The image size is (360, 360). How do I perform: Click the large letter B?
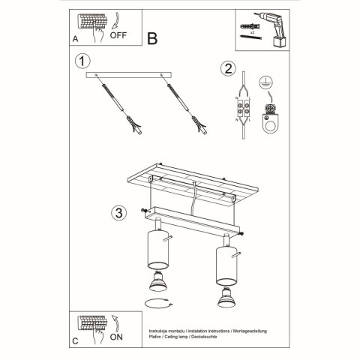152,38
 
